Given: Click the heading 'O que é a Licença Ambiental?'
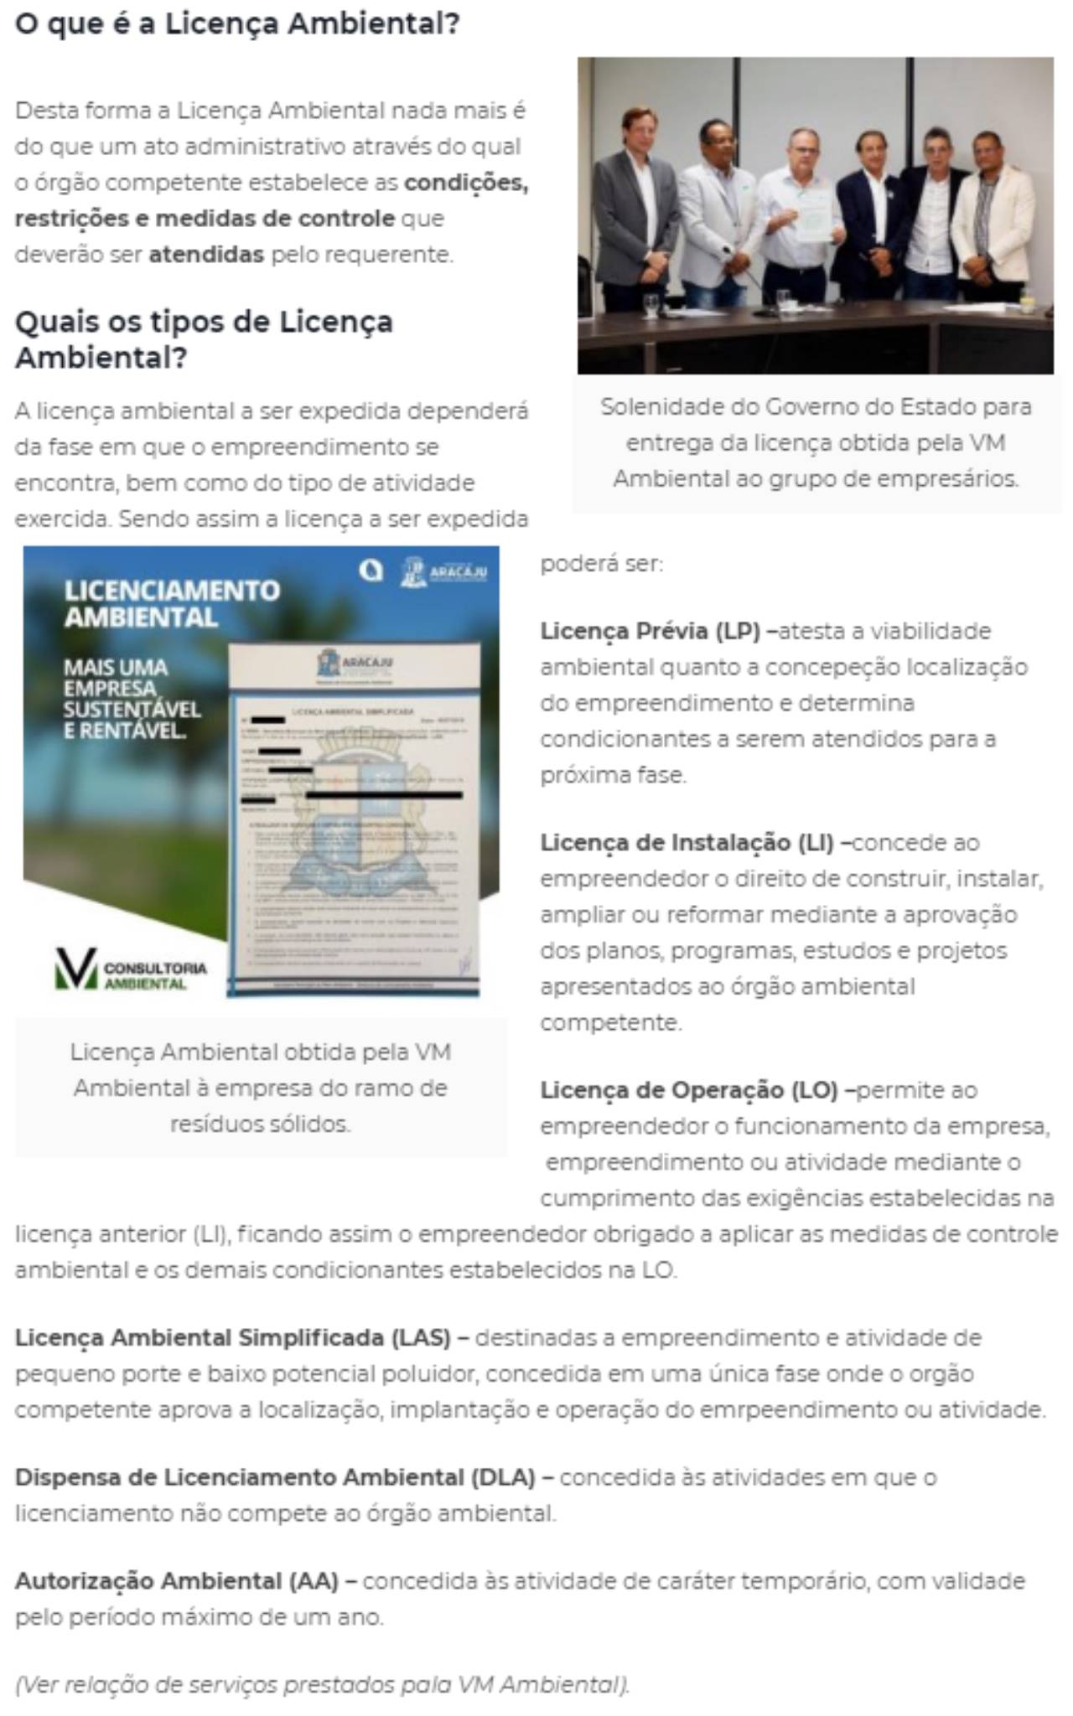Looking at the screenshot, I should point(237,23).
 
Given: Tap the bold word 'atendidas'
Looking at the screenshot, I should point(206,254).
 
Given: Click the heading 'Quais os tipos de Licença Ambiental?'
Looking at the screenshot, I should point(204,339).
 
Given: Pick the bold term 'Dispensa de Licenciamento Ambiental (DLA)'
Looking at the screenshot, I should point(275,1477).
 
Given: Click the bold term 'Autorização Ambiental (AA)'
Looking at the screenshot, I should point(177,1581).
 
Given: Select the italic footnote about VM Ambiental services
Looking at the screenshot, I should point(322,1684).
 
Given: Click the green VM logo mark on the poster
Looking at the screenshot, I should point(76,969).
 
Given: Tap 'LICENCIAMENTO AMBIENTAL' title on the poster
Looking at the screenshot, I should point(172,603).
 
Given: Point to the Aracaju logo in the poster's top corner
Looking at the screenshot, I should point(444,572).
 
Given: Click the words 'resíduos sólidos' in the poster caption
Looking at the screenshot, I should point(260,1124).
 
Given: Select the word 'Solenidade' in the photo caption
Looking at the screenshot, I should point(653,407).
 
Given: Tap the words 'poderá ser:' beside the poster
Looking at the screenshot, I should point(601,564).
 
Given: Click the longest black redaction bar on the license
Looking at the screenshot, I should point(384,793).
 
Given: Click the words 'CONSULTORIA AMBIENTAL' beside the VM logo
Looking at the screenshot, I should point(155,975).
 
